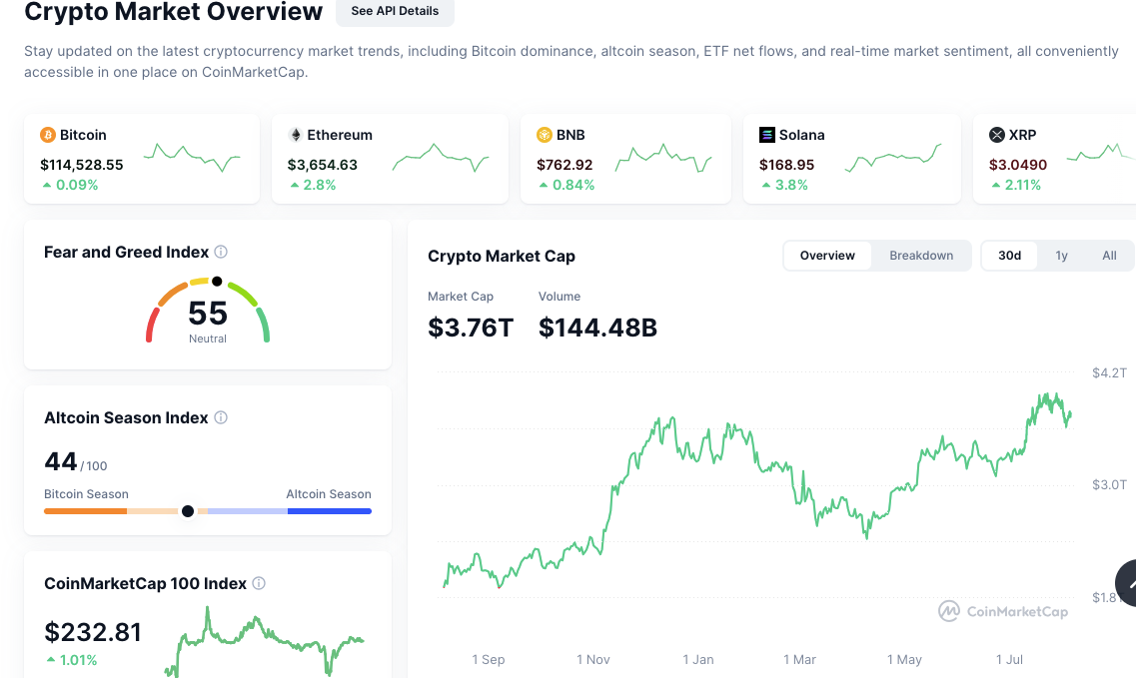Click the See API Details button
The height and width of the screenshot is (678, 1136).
click(395, 11)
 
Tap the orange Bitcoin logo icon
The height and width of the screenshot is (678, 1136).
click(48, 135)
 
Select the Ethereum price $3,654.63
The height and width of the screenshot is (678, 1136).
click(323, 165)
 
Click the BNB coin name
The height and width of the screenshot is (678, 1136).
click(570, 135)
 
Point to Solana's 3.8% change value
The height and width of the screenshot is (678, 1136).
click(791, 185)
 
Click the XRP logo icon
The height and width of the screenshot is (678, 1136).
click(996, 135)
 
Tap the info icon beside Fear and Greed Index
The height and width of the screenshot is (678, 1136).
click(221, 253)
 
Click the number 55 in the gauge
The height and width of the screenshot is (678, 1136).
click(208, 314)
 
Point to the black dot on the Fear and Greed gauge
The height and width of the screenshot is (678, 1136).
click(217, 282)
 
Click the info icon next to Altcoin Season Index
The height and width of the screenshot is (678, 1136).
click(221, 418)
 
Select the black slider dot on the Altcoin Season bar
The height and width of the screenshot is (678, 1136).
click(187, 511)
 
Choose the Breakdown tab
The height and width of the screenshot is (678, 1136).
click(921, 256)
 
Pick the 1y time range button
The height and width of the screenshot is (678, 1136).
click(1061, 256)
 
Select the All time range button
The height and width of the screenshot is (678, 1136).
click(1109, 256)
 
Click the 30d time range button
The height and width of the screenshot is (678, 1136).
click(1009, 256)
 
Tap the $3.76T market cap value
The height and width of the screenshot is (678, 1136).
click(471, 328)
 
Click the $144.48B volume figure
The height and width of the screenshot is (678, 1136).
click(597, 328)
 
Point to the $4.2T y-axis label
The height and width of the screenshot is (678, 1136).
click(1109, 373)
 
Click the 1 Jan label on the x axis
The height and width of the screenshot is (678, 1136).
click(698, 660)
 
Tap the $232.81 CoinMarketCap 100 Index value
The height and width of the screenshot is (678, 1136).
click(93, 632)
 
